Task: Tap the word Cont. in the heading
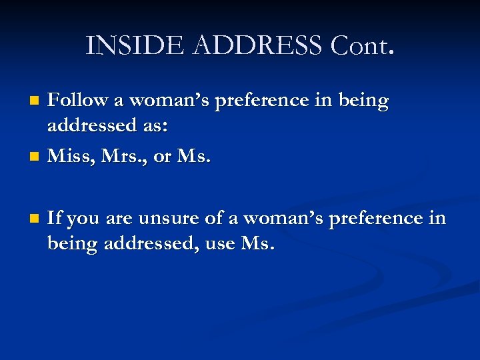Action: tap(362, 45)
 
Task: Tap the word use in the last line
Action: tap(219, 243)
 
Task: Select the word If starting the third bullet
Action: tap(55, 218)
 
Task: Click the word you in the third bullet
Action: tap(83, 219)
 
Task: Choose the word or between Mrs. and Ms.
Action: tap(162, 157)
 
